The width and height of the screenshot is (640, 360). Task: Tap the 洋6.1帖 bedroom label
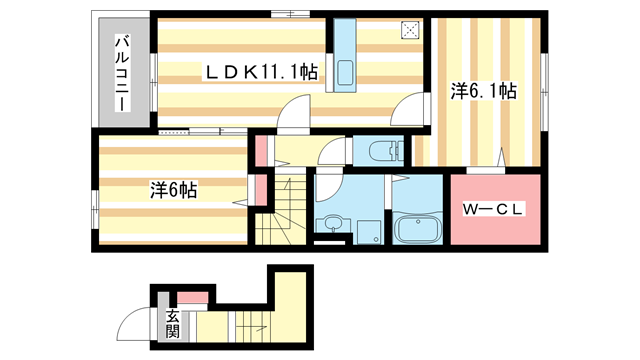(x=483, y=91)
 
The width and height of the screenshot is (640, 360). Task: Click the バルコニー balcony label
(x=122, y=71)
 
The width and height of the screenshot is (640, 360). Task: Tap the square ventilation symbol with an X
(x=410, y=29)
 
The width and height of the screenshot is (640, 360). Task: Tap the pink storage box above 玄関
(x=192, y=296)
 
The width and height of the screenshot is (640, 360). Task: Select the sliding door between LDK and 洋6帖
(x=190, y=131)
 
